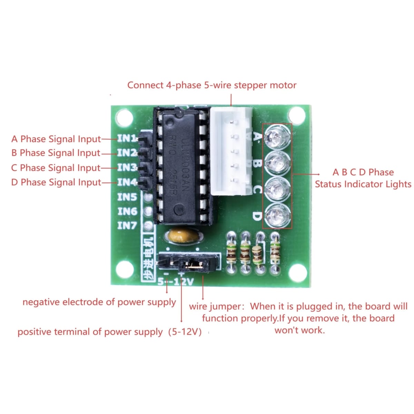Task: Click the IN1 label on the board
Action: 126,139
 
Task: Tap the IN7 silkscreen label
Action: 127,226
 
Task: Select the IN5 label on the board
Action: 127,197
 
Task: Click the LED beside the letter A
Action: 277,136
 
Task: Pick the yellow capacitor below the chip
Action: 184,236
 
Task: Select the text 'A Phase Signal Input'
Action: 56,139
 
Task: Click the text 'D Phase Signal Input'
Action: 56,182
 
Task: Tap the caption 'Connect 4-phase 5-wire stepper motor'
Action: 212,85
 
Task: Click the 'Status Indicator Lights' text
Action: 363,184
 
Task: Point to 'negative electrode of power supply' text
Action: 99,302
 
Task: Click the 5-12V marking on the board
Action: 176,282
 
